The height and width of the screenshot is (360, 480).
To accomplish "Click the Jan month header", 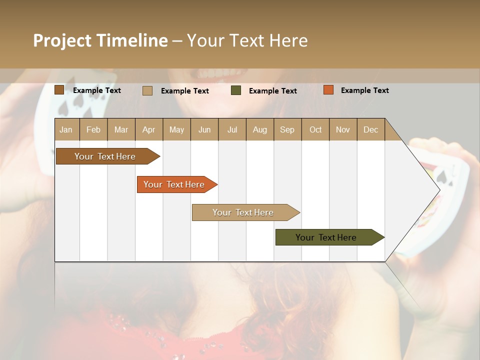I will [66, 129].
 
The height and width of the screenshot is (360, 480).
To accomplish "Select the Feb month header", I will [93, 129].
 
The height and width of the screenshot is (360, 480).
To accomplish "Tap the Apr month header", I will [149, 129].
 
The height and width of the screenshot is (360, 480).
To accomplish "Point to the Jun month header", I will [204, 129].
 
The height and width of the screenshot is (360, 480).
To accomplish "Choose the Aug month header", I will [260, 129].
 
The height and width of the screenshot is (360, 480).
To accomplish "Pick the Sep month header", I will [287, 129].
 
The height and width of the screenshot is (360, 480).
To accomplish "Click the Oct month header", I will [315, 129].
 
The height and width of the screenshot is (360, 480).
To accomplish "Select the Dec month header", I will [371, 129].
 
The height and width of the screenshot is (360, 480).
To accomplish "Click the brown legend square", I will [59, 90].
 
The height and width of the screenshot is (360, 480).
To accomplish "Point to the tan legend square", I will [147, 90].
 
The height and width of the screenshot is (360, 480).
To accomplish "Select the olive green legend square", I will [236, 90].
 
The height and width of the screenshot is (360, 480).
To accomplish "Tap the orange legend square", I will [328, 90].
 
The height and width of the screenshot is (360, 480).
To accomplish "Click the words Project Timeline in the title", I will [100, 40].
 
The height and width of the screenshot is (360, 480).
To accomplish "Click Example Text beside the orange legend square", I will [365, 90].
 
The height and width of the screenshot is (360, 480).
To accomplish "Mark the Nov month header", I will [343, 129].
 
